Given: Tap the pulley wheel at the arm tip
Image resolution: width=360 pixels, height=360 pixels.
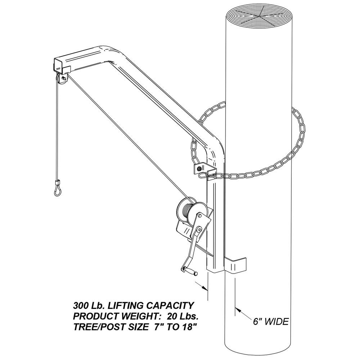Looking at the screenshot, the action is pos(62,81).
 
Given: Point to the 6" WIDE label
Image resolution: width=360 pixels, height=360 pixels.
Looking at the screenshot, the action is pos(271,321).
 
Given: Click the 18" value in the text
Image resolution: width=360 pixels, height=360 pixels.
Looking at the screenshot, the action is pos(190,327).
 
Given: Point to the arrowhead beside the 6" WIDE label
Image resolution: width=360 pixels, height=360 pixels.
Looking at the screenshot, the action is pos(239,310).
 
